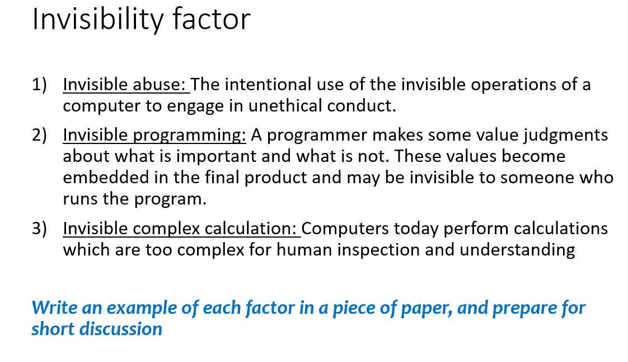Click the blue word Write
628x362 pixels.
point(52,308)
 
